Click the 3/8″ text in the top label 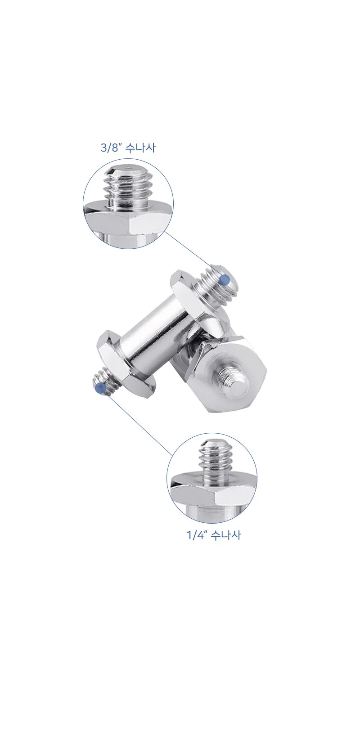tap(110, 148)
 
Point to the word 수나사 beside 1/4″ tap(225, 535)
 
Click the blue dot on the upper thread tap(225, 280)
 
